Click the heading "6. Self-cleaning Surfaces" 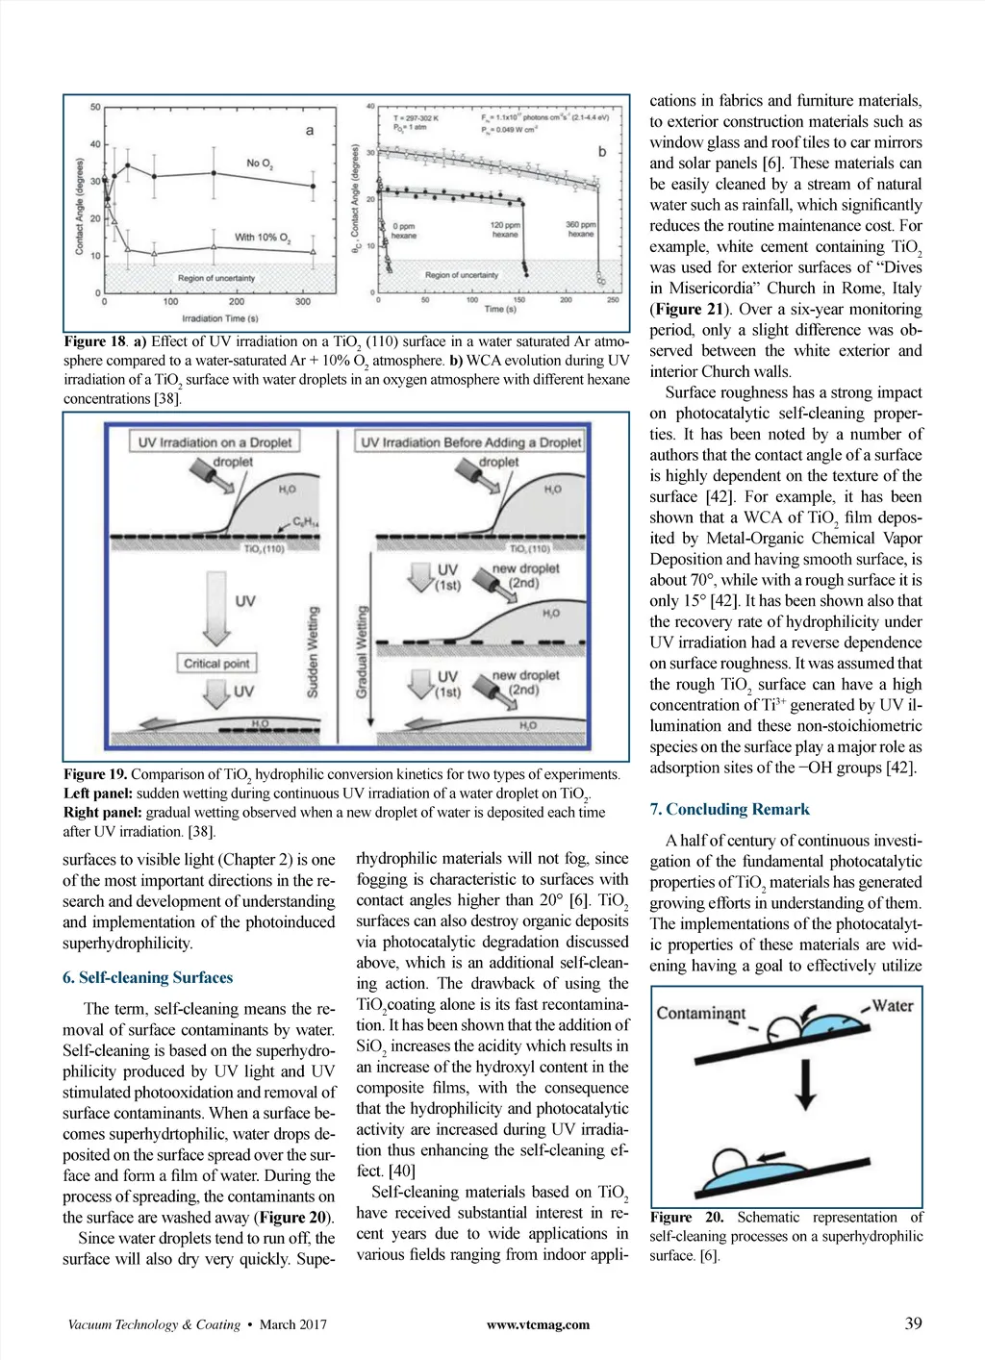click(147, 977)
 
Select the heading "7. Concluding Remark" click(729, 809)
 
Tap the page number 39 click(913, 1322)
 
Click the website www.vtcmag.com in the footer click(538, 1324)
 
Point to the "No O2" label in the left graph click(260, 164)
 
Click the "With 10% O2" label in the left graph click(262, 237)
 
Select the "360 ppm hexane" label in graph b click(581, 230)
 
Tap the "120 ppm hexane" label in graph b click(505, 230)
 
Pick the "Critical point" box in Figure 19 click(216, 663)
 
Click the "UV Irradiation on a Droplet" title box click(214, 442)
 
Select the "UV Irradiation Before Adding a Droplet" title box click(470, 442)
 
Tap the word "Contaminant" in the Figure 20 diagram click(700, 1013)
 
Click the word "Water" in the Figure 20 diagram click(892, 1005)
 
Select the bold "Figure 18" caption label click(95, 341)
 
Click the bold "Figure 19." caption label click(95, 774)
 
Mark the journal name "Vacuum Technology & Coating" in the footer click(153, 1324)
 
